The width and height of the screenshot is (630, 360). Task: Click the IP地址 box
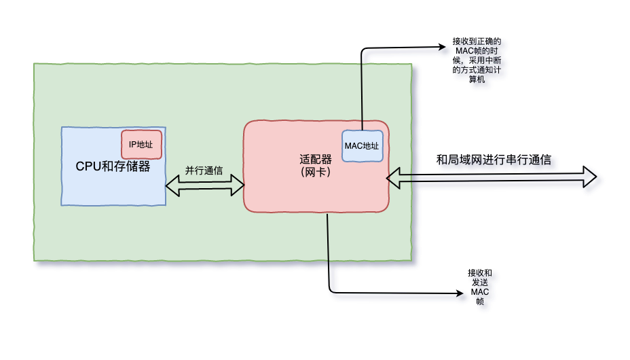[141, 144]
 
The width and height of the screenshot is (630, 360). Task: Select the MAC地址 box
[362, 146]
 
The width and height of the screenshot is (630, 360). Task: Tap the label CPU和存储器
[113, 166]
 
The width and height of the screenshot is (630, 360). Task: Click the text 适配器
[316, 160]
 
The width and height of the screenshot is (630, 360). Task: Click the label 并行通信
[204, 170]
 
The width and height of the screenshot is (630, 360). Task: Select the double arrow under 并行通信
[204, 184]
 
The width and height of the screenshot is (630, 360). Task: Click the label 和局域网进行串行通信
[494, 160]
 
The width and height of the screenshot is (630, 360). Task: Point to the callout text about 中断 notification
[477, 60]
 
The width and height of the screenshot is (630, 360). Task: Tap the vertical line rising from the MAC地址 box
[362, 95]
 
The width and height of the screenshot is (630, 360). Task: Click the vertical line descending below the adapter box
[329, 251]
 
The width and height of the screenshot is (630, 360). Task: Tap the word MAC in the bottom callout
[480, 292]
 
